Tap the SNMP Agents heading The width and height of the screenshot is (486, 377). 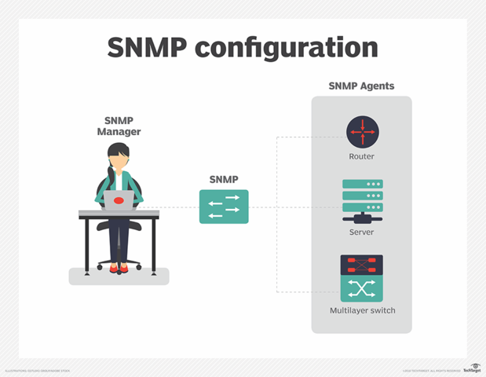[x=361, y=86]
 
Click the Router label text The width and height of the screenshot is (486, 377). [x=362, y=156]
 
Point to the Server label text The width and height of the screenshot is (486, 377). [x=362, y=232]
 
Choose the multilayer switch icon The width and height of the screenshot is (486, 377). [x=362, y=279]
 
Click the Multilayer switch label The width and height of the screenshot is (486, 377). [x=362, y=310]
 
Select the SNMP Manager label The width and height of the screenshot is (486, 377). [x=119, y=126]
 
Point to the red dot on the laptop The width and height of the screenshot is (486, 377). [x=119, y=201]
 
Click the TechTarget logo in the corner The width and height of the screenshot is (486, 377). [x=472, y=368]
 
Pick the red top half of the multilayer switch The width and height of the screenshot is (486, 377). [x=362, y=265]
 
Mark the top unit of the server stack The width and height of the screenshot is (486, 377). [x=362, y=184]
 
